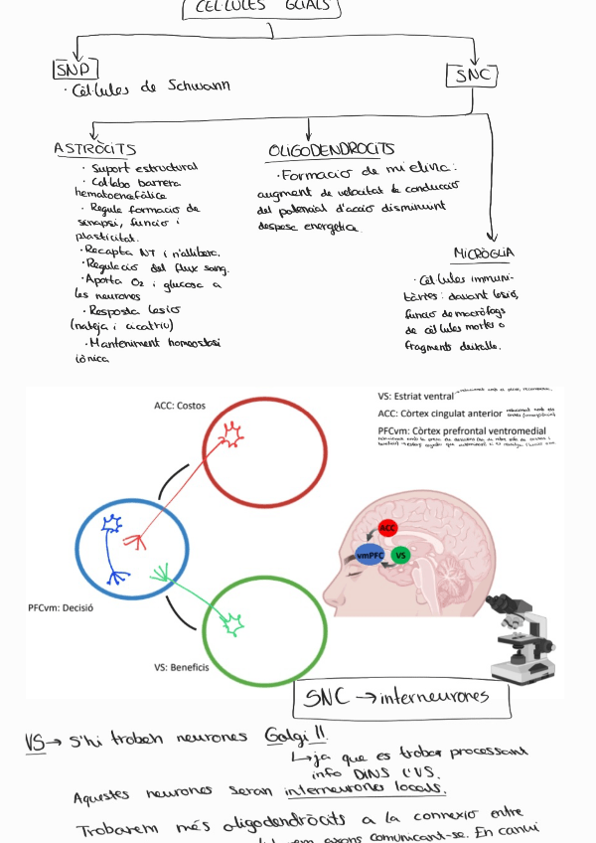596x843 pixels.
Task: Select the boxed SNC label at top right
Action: coord(472,76)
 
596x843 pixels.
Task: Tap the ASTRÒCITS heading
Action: coord(94,148)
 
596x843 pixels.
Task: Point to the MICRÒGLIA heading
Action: coord(483,253)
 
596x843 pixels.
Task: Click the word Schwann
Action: coord(197,86)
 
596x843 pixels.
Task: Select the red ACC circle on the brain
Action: coord(387,527)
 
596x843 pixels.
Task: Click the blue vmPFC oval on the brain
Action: coord(370,555)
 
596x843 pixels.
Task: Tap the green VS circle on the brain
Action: coord(400,555)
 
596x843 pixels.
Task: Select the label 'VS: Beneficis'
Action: coord(181,667)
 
